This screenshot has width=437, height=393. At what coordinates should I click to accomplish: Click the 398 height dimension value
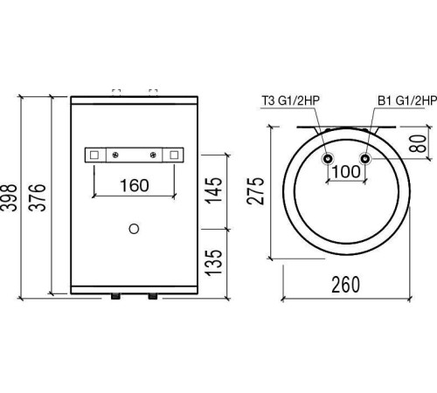click(9, 197)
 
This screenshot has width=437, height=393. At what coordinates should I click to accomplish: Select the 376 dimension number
click(38, 197)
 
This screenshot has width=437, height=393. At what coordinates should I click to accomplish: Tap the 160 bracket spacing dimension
click(135, 185)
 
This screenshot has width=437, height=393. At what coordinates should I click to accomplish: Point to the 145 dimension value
click(214, 190)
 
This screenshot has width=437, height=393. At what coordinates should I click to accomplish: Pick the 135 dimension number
click(214, 263)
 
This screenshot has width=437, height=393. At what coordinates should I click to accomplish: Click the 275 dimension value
click(255, 190)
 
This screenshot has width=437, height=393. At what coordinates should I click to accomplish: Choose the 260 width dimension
click(346, 285)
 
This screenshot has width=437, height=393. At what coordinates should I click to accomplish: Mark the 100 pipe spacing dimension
click(346, 172)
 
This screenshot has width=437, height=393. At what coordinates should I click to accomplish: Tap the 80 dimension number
click(418, 143)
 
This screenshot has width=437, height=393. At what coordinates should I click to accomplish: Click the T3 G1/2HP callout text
click(291, 100)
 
